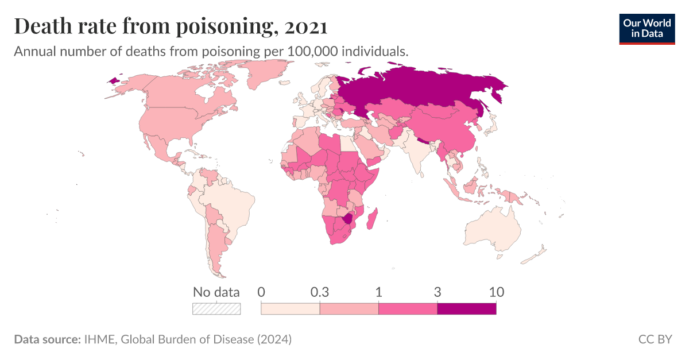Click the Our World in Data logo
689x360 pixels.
click(x=647, y=29)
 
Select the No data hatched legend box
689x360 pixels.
click(x=216, y=308)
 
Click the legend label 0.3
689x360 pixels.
click(x=319, y=292)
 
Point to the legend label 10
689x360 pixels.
click(x=496, y=292)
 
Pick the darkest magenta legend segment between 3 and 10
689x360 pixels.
click(x=466, y=308)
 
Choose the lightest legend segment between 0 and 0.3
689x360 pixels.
click(x=291, y=308)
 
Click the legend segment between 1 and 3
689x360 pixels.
click(x=408, y=308)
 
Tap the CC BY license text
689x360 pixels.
click(x=655, y=339)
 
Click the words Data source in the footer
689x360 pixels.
click(x=47, y=339)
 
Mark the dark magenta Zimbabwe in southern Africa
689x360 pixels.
click(x=347, y=220)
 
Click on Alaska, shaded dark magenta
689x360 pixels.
click(x=117, y=80)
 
